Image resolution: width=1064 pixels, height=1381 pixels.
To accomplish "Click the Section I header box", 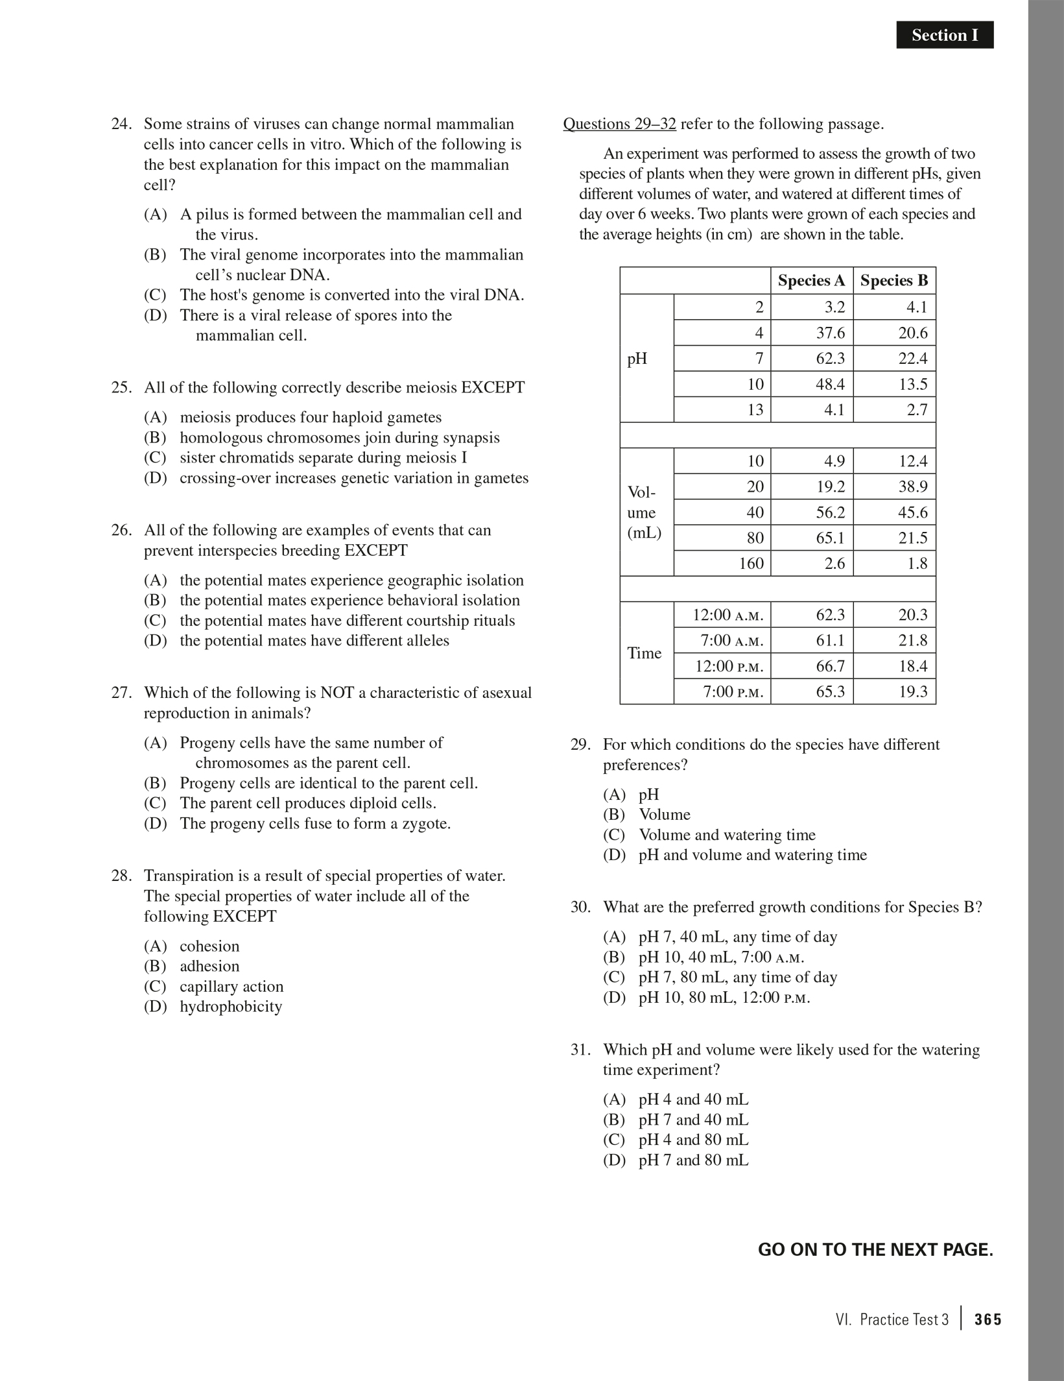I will click(x=944, y=35).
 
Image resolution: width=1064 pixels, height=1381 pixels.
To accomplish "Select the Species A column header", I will click(x=811, y=281).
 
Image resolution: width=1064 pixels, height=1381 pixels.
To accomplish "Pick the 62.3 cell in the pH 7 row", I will click(x=830, y=359).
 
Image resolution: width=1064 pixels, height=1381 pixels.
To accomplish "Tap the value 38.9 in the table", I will click(x=912, y=486).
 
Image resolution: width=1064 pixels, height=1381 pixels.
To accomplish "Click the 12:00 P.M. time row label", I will click(x=729, y=666).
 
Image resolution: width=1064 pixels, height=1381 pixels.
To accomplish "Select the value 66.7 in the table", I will click(x=830, y=666).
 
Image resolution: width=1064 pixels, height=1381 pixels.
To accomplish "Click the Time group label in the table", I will click(x=644, y=653).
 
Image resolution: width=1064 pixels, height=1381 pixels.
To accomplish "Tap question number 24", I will click(x=121, y=124).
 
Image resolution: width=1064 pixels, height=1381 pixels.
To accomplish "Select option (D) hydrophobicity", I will click(x=230, y=1007).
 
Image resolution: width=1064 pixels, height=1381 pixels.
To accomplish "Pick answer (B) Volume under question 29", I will click(x=664, y=815).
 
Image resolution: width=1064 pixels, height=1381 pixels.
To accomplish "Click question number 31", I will click(x=580, y=1050).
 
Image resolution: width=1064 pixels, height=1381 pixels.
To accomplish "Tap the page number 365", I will click(x=987, y=1319).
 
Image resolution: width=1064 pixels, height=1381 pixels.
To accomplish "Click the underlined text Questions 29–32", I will click(x=619, y=124).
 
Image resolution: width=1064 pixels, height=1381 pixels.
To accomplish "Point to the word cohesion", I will click(x=209, y=946).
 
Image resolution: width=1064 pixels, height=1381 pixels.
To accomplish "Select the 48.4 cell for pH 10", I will click(x=830, y=385).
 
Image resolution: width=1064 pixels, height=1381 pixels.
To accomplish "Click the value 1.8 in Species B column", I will click(x=917, y=564).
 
